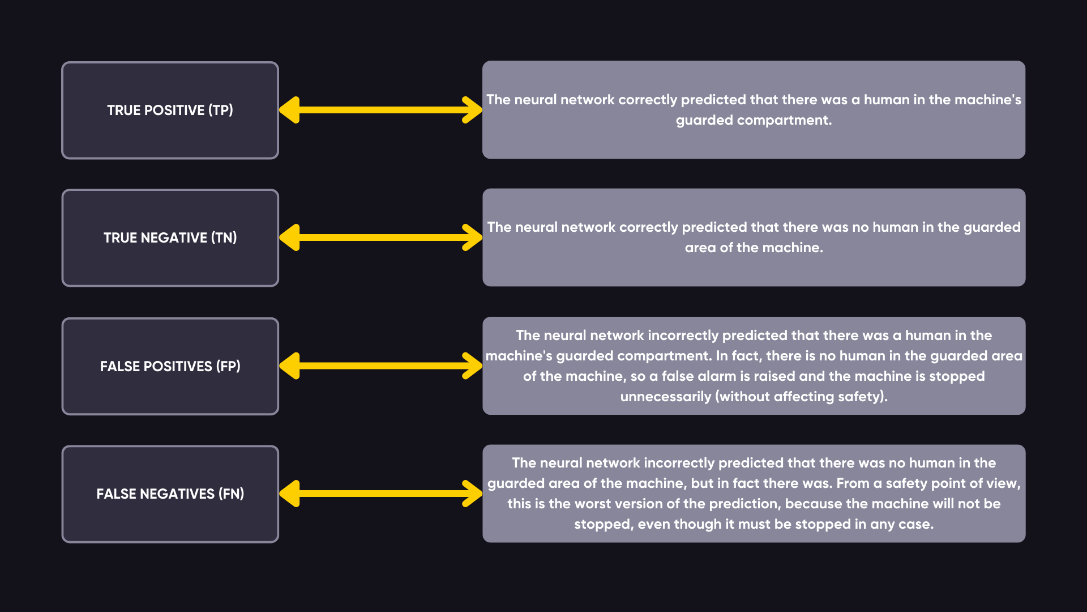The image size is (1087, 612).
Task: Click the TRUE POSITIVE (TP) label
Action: coord(170,110)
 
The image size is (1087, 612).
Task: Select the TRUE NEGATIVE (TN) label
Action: coord(170,237)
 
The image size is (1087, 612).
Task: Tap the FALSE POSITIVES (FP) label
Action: coord(170,366)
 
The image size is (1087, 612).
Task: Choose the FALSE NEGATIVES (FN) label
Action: coord(170,494)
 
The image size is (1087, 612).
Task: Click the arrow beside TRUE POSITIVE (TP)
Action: coord(380,110)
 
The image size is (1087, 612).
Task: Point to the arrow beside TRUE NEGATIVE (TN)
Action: coord(380,237)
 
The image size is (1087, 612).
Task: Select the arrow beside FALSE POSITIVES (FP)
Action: coord(380,366)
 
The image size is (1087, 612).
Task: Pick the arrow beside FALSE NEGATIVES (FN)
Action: coord(380,494)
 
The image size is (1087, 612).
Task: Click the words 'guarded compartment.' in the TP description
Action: coord(754,121)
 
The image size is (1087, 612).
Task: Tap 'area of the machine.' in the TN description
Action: coord(754,248)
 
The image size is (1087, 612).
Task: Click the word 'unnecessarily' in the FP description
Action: coord(665,397)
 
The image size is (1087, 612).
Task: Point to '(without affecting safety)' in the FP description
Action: coord(800,397)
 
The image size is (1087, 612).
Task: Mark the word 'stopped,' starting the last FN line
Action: coord(604,524)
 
